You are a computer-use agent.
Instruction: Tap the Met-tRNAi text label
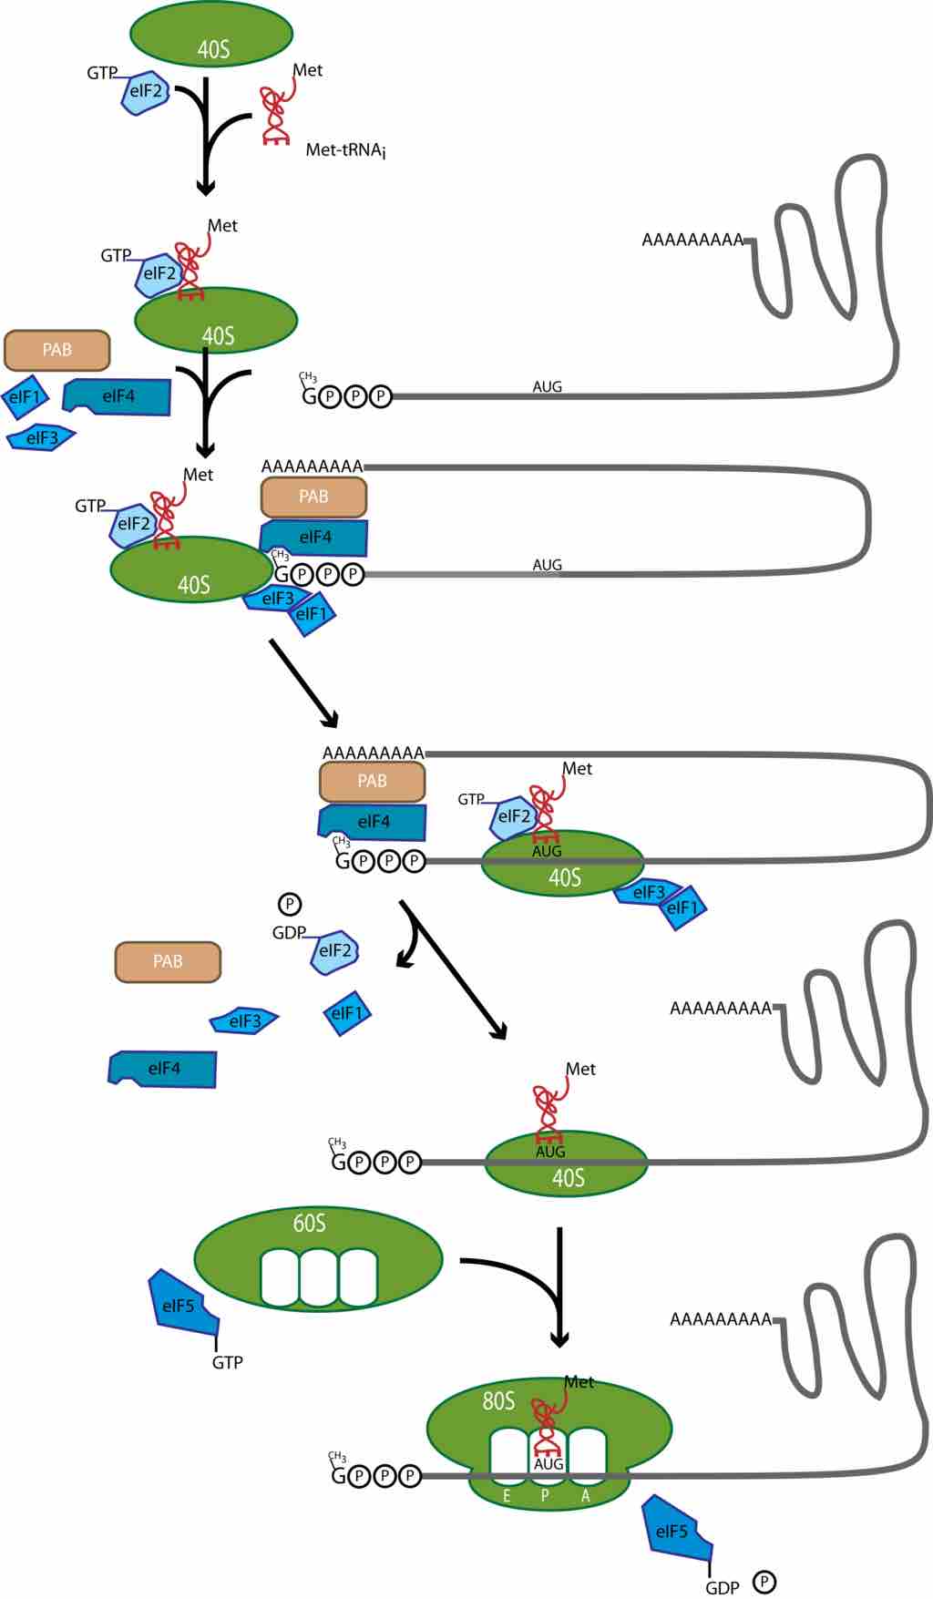[x=345, y=150]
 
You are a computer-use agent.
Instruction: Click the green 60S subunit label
[x=309, y=1223]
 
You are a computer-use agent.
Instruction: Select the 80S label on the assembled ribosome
[x=498, y=1400]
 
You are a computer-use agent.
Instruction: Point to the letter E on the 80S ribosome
[x=507, y=1496]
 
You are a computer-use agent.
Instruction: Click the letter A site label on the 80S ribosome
[x=585, y=1496]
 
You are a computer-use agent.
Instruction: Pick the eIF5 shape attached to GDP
[x=675, y=1531]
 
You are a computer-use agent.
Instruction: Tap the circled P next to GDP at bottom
[x=764, y=1583]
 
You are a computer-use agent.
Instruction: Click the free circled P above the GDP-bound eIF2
[x=289, y=904]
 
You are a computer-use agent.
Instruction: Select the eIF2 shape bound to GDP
[x=334, y=951]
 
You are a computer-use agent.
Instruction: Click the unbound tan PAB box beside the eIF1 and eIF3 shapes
[x=56, y=350]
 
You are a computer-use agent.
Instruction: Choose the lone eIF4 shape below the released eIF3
[x=164, y=1069]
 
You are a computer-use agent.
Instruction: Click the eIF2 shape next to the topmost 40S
[x=146, y=91]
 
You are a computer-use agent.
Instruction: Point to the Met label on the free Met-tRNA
[x=307, y=70]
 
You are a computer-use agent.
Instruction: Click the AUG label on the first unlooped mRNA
[x=547, y=386]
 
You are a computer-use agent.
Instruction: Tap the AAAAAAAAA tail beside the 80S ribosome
[x=720, y=1318]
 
